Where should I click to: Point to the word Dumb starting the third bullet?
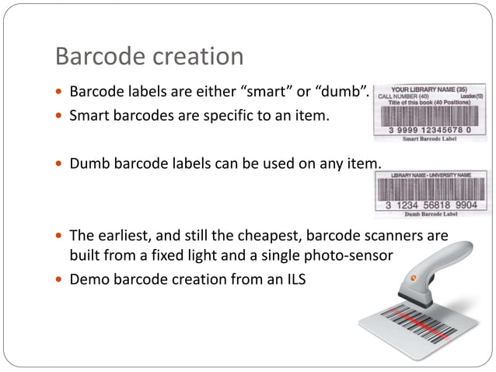pyautogui.click(x=87, y=163)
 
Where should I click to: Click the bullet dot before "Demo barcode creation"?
pyautogui.click(x=59, y=280)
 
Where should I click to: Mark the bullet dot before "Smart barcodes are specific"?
pyautogui.click(x=59, y=118)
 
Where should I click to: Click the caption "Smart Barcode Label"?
pyautogui.click(x=430, y=139)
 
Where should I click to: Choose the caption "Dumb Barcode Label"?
pyautogui.click(x=430, y=215)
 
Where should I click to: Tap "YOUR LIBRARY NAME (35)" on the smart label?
pyautogui.click(x=432, y=89)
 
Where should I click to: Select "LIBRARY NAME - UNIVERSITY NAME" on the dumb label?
pyautogui.click(x=430, y=174)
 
